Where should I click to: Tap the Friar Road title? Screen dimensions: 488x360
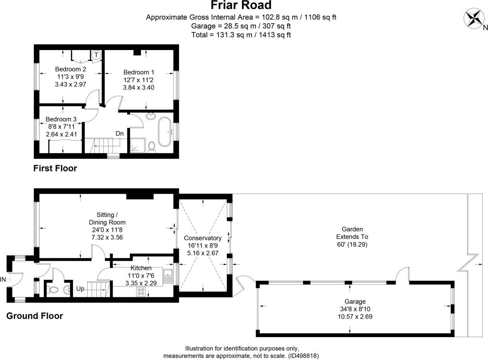pos(241,5)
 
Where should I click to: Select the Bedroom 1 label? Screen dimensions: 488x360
pos(139,72)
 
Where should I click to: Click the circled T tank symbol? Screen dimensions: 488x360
pos(96,55)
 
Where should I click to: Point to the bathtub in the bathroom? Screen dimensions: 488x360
pos(164,132)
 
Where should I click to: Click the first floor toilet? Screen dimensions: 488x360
pos(152,146)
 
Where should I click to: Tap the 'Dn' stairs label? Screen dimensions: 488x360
pos(120,134)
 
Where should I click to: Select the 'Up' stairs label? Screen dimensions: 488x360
pos(80,288)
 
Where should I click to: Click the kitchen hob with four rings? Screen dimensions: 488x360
pos(141,292)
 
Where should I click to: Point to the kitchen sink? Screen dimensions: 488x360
pos(168,276)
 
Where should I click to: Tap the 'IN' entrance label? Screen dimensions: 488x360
pos(3,279)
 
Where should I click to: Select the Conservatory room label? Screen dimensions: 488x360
pos(203,238)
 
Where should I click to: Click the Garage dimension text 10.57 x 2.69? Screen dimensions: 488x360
pos(355,317)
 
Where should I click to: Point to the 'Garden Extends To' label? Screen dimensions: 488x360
pos(352,233)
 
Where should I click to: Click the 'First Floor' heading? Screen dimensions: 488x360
pos(55,168)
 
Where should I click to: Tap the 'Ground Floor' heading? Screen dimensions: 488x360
pos(34,316)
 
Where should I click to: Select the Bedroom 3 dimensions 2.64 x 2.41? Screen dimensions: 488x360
pos(61,134)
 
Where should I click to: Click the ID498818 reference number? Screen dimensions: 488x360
pos(304,356)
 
